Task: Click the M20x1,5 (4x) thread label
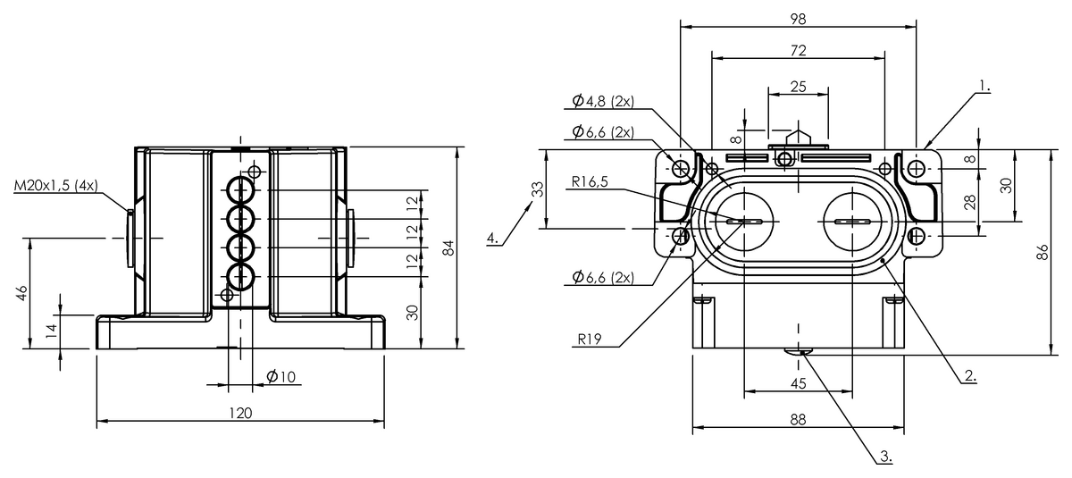(56, 187)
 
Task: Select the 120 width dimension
(240, 413)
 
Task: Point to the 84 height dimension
(449, 247)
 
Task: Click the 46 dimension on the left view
(21, 294)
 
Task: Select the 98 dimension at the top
(799, 19)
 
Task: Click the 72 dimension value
(799, 52)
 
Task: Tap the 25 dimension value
(799, 86)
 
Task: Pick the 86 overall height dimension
(1042, 252)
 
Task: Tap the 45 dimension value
(799, 383)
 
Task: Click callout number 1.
(984, 86)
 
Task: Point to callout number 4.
(493, 238)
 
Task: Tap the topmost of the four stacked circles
(240, 189)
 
